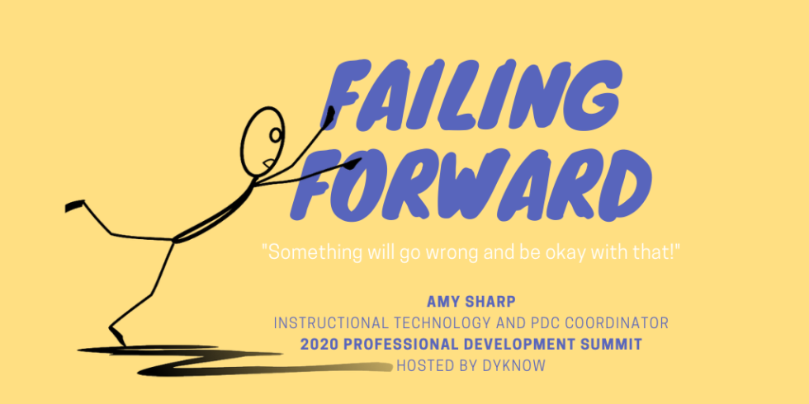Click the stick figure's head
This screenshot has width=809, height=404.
[x=265, y=136]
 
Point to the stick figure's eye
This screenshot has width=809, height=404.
[x=275, y=134]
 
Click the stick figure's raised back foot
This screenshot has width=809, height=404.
[x=74, y=204]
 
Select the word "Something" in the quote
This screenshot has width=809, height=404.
[x=305, y=253]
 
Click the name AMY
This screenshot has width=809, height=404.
[x=443, y=301]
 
